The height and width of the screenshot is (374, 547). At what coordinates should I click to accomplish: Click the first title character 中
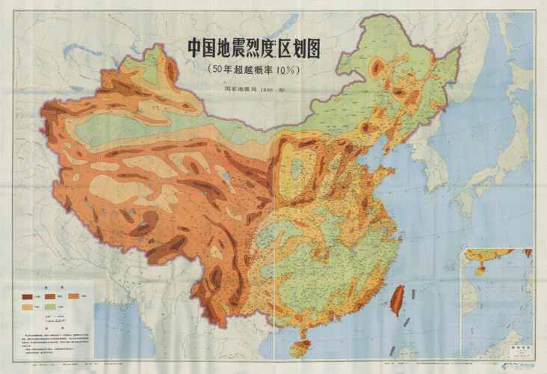[x=196, y=50]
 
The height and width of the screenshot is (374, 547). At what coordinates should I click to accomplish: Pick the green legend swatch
[x=53, y=307]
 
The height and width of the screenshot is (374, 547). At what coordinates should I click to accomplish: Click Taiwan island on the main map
[x=398, y=299]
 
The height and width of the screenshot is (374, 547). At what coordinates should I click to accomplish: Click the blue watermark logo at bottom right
[x=516, y=365]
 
